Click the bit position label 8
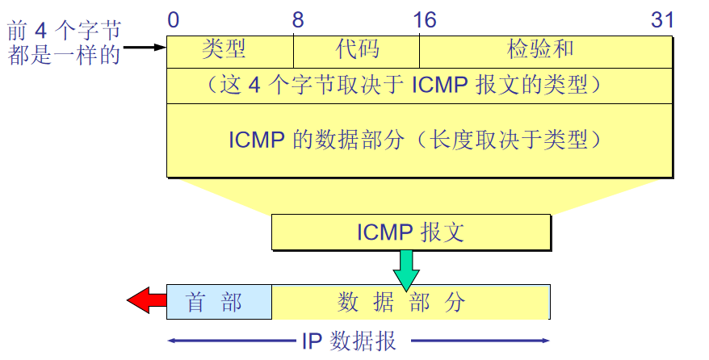click(x=298, y=20)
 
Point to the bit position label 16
click(x=424, y=20)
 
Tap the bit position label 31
click(x=662, y=20)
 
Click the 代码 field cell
click(x=357, y=50)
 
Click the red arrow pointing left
click(x=145, y=302)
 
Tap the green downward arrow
click(x=407, y=268)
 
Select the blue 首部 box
click(x=218, y=302)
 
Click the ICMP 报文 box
click(x=411, y=232)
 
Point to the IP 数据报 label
click(x=350, y=341)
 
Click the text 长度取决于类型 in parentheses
click(x=512, y=140)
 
